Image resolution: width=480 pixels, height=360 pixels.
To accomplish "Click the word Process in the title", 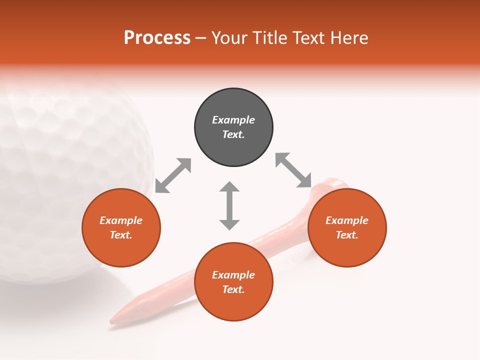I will pyautogui.click(x=157, y=38).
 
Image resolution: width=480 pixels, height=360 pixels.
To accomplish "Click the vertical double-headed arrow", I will pyautogui.click(x=229, y=205).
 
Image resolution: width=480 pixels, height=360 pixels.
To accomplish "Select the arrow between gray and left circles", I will pyautogui.click(x=173, y=175).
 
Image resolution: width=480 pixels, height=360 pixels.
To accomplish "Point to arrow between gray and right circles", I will pyautogui.click(x=293, y=170).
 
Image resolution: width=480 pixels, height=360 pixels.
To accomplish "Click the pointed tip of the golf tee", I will pyautogui.click(x=113, y=319).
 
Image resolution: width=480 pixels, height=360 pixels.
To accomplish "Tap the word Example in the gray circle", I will pyautogui.click(x=233, y=120).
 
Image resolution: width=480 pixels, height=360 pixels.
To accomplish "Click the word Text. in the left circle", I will pyautogui.click(x=121, y=235).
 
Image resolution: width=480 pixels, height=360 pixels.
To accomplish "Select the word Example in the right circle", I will pyautogui.click(x=347, y=220).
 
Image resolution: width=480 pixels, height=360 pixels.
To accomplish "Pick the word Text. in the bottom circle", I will pyautogui.click(x=233, y=289).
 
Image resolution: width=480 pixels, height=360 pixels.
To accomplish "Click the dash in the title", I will pyautogui.click(x=200, y=38).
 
